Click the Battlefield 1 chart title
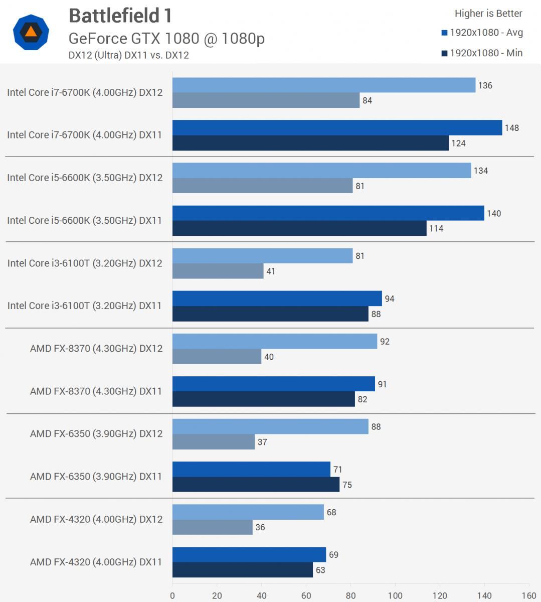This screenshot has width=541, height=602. coord(120,16)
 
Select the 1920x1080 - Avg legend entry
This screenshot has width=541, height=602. coord(482,33)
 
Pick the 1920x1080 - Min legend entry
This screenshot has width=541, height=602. coord(482,53)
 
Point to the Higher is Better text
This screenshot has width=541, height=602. coord(488,14)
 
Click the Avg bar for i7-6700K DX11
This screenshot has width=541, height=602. coord(337,127)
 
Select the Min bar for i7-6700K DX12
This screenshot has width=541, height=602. coord(266,100)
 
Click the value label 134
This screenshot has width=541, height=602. coord(480,171)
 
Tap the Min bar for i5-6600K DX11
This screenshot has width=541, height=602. coord(299,228)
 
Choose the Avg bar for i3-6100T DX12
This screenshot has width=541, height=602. coord(262,256)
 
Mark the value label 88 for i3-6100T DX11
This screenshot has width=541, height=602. coord(376,314)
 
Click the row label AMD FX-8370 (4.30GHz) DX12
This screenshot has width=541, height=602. coord(96,348)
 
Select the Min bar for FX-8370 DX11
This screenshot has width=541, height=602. coord(263,399)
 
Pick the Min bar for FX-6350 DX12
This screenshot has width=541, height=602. coord(214,442)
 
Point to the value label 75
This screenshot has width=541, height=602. coord(347,485)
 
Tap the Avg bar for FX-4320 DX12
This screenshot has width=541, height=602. coord(248,512)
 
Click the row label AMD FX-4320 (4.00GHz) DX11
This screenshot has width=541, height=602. coord(96,562)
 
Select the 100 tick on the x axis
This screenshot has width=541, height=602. coord(395,595)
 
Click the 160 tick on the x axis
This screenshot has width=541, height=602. coord(529,595)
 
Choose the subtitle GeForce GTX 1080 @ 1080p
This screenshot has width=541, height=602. coord(166,38)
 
